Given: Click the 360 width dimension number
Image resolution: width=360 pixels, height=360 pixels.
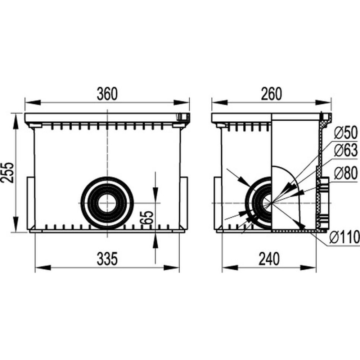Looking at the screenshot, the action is click(x=107, y=94).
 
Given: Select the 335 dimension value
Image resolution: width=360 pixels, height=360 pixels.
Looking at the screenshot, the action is click(x=107, y=258).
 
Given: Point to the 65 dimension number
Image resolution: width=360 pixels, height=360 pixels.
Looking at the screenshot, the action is click(x=147, y=217).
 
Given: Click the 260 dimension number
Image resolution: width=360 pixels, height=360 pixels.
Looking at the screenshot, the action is click(x=271, y=94).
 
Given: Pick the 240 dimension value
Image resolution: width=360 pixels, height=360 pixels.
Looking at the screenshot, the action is click(x=269, y=258).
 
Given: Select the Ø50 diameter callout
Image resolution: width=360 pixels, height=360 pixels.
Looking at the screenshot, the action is click(x=346, y=133).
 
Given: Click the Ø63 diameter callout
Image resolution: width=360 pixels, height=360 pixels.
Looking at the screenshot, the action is click(x=346, y=150).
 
